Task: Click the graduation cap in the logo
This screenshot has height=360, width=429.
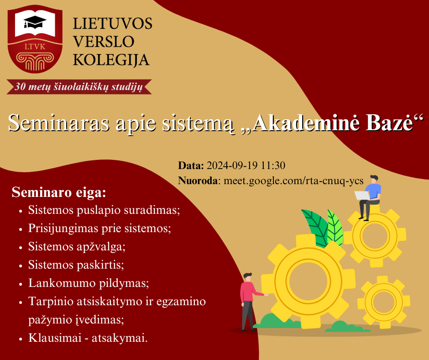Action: tap(35, 22)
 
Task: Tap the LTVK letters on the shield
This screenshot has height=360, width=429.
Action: tap(35, 47)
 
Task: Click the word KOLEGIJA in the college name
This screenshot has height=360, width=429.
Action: tap(111, 60)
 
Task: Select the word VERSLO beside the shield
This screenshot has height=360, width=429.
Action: tap(104, 42)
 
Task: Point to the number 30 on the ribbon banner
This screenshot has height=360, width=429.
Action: tap(20, 87)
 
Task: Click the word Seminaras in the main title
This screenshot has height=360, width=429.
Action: tap(58, 122)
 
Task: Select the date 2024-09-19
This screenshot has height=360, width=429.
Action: tap(232, 165)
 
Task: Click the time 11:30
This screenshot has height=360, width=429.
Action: tap(273, 165)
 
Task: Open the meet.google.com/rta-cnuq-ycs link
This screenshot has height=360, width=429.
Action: tap(293, 181)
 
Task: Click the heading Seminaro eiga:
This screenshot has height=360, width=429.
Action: tap(59, 192)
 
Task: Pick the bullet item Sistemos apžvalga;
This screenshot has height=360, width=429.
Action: tap(77, 247)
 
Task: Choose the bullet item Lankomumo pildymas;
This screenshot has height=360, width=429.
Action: tap(89, 283)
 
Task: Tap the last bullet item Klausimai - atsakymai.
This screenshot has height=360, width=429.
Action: tap(88, 338)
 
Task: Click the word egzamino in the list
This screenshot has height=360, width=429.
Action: tap(181, 302)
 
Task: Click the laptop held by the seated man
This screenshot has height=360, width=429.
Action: tap(362, 196)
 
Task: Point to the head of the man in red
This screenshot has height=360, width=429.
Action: tap(248, 277)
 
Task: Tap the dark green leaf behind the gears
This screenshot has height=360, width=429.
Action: tap(315, 228)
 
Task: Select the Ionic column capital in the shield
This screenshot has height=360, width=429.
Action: tap(35, 61)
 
